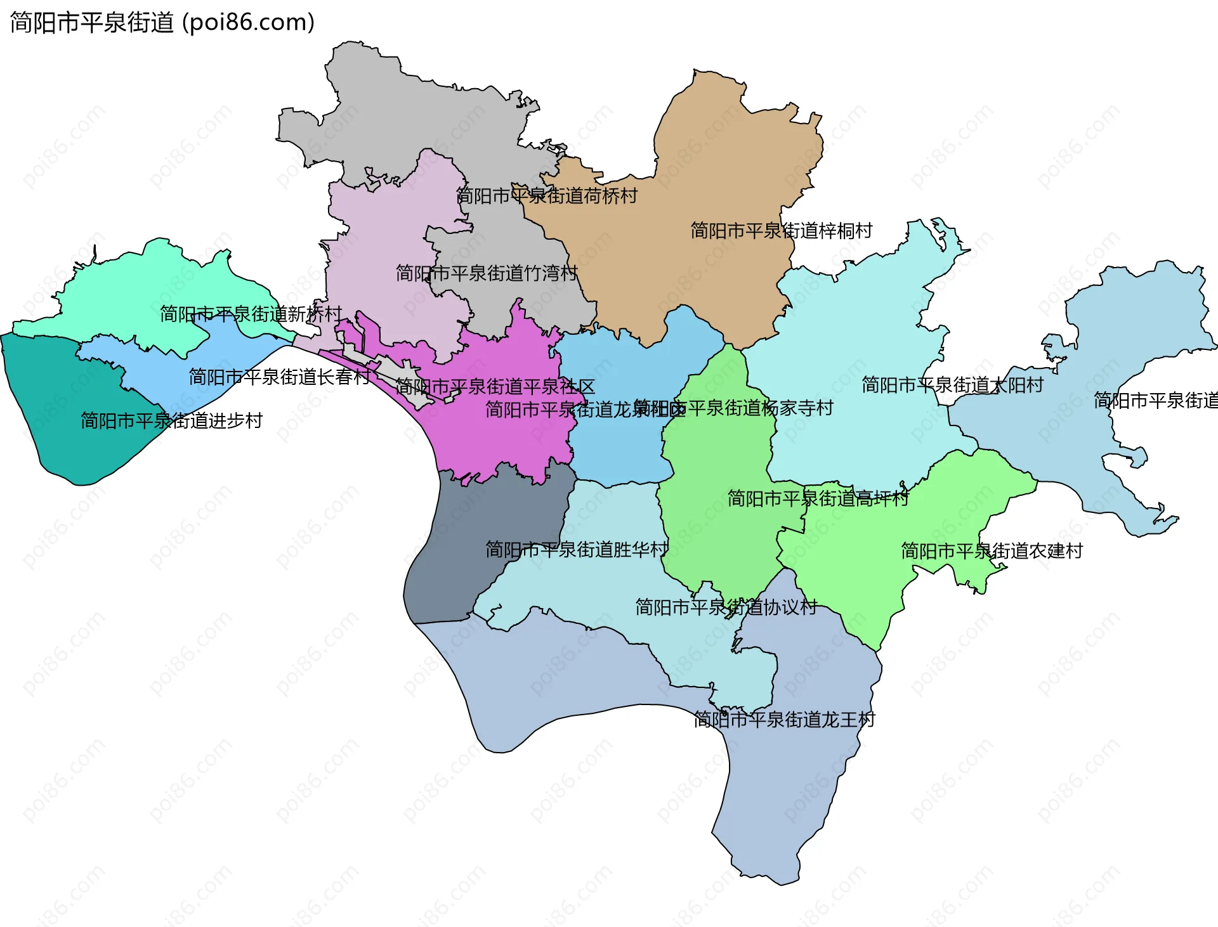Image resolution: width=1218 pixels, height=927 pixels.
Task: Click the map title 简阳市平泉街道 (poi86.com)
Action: pos(162,22)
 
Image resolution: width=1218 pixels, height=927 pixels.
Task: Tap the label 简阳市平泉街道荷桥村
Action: pos(547,196)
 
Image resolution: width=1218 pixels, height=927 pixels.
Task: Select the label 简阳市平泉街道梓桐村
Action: pos(781,231)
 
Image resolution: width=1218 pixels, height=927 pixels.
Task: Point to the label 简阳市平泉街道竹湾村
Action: pos(487,273)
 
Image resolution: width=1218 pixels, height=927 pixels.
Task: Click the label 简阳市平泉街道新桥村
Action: pos(251,314)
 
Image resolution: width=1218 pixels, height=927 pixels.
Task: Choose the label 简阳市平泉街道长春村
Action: pos(279,377)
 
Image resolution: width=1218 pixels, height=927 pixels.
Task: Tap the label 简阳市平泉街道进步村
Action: pos(171,421)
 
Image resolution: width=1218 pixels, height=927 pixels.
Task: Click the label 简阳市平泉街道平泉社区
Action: pos(495,387)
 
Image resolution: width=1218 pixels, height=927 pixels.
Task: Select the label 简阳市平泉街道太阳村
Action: pos(952,385)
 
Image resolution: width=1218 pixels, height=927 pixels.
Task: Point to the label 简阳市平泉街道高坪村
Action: pos(818,499)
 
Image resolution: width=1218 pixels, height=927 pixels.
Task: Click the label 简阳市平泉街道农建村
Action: pos(992,551)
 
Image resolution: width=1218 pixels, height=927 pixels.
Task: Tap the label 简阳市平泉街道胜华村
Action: pos(577,549)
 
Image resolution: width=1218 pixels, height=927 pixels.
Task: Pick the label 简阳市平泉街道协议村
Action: pos(726,607)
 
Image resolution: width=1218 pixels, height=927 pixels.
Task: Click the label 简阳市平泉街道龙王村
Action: pos(784,720)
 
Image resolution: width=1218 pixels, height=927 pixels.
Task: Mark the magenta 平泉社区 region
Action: pos(507,438)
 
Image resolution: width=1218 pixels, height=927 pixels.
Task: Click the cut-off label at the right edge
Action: pos(1155,401)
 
